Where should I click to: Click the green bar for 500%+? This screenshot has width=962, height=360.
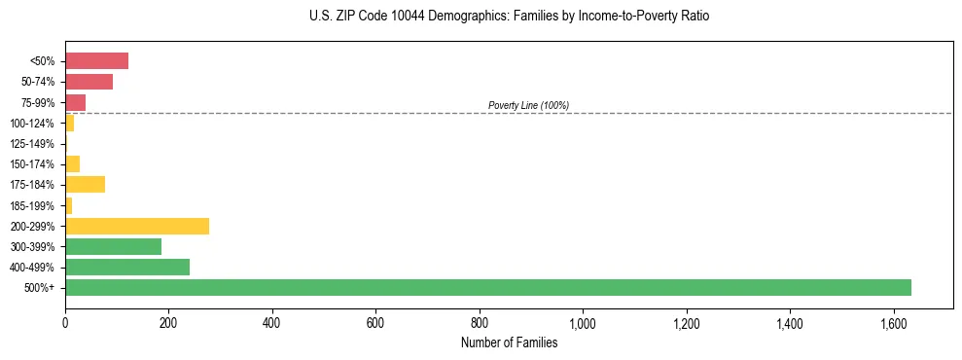tap(487, 287)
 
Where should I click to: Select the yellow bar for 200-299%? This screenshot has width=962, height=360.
tap(137, 226)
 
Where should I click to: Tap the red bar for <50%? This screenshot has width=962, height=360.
tap(96, 61)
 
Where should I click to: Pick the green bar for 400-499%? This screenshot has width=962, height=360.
tap(127, 267)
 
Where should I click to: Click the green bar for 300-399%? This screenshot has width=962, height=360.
tap(113, 246)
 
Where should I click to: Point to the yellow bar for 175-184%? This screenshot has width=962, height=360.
tap(85, 185)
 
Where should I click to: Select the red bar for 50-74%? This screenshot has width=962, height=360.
tap(89, 82)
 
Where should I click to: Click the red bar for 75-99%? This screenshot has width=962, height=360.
tap(75, 102)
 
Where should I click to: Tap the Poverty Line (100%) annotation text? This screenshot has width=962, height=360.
tap(528, 105)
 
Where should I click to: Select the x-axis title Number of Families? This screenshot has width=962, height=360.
tap(509, 342)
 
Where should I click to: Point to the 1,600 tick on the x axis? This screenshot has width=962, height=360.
tap(893, 323)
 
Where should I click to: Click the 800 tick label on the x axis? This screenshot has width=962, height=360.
tap(480, 323)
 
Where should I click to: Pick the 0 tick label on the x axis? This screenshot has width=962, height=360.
tap(65, 323)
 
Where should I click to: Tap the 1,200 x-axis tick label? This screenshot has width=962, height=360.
tap(686, 323)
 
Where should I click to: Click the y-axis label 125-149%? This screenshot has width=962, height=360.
tap(32, 144)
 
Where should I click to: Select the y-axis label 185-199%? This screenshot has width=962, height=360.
tap(32, 205)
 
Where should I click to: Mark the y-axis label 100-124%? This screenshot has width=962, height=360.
tap(32, 124)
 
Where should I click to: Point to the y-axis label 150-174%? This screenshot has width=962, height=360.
tap(32, 164)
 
